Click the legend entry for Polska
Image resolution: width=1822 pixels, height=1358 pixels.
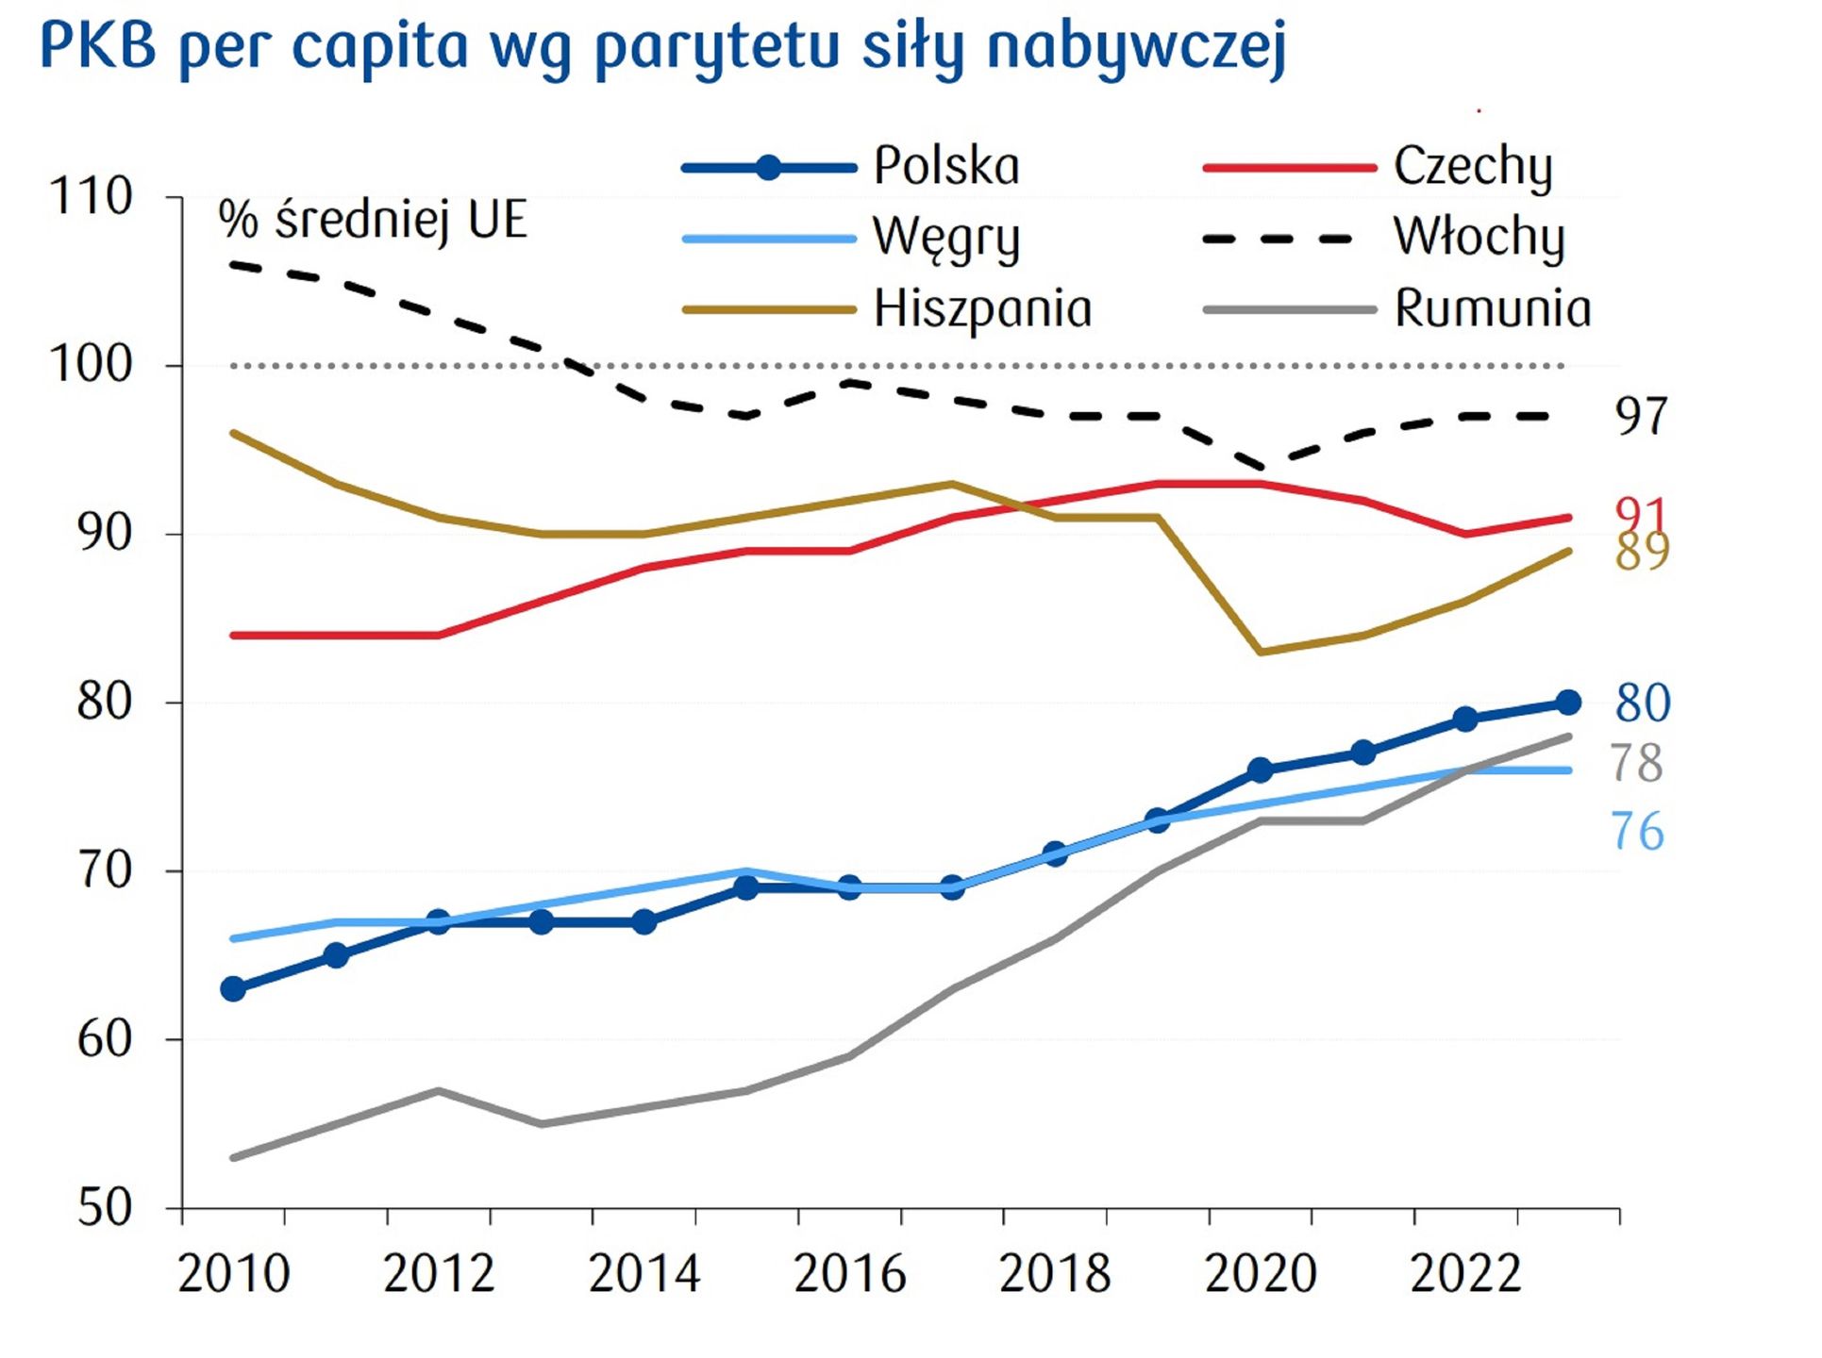(x=946, y=167)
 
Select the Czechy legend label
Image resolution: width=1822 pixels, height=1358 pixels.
(x=1472, y=167)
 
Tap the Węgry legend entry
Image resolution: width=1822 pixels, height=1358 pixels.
(x=946, y=238)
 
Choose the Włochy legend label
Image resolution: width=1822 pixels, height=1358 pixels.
(x=1479, y=238)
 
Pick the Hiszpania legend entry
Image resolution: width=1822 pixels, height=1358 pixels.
(x=982, y=309)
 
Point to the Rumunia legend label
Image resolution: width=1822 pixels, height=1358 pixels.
(x=1493, y=309)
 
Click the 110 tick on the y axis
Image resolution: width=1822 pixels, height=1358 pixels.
(x=91, y=198)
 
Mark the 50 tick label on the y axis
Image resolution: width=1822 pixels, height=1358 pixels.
(x=104, y=1208)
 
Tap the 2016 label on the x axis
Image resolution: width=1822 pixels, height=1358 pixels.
(x=849, y=1274)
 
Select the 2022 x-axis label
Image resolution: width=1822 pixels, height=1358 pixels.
(x=1465, y=1274)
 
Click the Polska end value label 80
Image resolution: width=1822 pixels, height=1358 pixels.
(x=1643, y=704)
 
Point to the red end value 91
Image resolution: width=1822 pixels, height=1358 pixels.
(x=1641, y=513)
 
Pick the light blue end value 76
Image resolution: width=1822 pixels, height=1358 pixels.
(x=1637, y=832)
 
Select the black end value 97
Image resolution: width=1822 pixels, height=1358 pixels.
(x=1641, y=416)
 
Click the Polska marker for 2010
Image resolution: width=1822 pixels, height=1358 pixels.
(x=233, y=989)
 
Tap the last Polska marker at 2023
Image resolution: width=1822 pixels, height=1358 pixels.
(x=1568, y=703)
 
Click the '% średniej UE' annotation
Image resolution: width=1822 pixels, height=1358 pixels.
(x=373, y=221)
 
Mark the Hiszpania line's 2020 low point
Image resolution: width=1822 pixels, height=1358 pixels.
(x=1261, y=652)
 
